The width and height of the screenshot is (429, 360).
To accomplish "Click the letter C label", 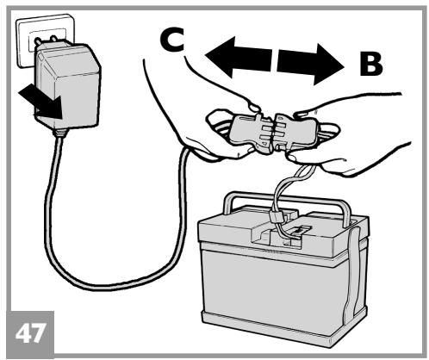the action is tap(171, 40).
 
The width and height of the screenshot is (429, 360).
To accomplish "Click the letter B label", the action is tap(371, 65).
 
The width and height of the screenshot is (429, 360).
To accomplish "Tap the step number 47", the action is tap(30, 333).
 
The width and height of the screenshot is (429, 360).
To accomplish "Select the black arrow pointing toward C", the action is tap(239, 58).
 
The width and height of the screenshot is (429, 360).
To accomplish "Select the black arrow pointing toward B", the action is tap(310, 64).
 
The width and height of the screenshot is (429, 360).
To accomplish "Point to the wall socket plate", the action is tap(43, 40).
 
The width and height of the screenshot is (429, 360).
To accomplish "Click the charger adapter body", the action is tap(69, 86).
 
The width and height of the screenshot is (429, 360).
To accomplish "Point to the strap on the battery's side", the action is tap(352, 270).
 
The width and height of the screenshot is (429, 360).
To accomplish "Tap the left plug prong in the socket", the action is tap(38, 42).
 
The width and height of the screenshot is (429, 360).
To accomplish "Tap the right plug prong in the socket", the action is tap(53, 38).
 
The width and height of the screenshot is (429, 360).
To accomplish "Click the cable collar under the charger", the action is tap(59, 132).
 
